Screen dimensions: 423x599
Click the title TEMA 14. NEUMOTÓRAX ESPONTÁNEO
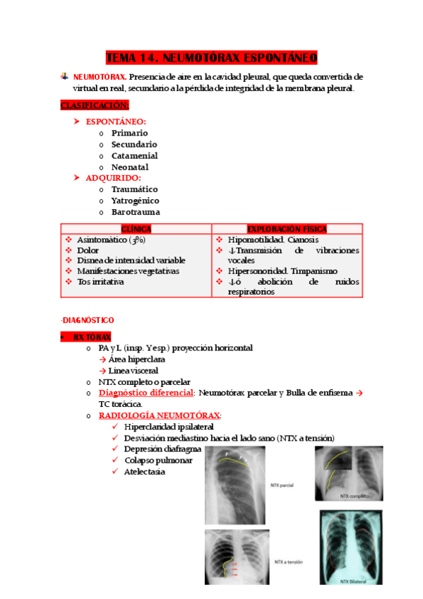(211, 57)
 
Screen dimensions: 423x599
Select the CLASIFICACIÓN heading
(95, 105)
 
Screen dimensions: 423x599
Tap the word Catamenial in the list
(134, 155)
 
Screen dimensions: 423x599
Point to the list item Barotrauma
(135, 212)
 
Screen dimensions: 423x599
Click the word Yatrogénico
(135, 201)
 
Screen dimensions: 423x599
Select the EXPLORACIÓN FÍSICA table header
(287, 229)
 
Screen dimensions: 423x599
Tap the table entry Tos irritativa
(100, 281)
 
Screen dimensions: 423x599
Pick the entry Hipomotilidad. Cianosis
(263, 239)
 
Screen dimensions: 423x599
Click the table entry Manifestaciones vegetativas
(128, 271)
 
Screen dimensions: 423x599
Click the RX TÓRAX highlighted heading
(92, 338)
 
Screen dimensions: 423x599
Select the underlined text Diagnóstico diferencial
(146, 393)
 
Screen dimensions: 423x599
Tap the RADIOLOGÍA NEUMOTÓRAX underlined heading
(160, 415)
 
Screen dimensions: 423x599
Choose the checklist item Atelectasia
(144, 471)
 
